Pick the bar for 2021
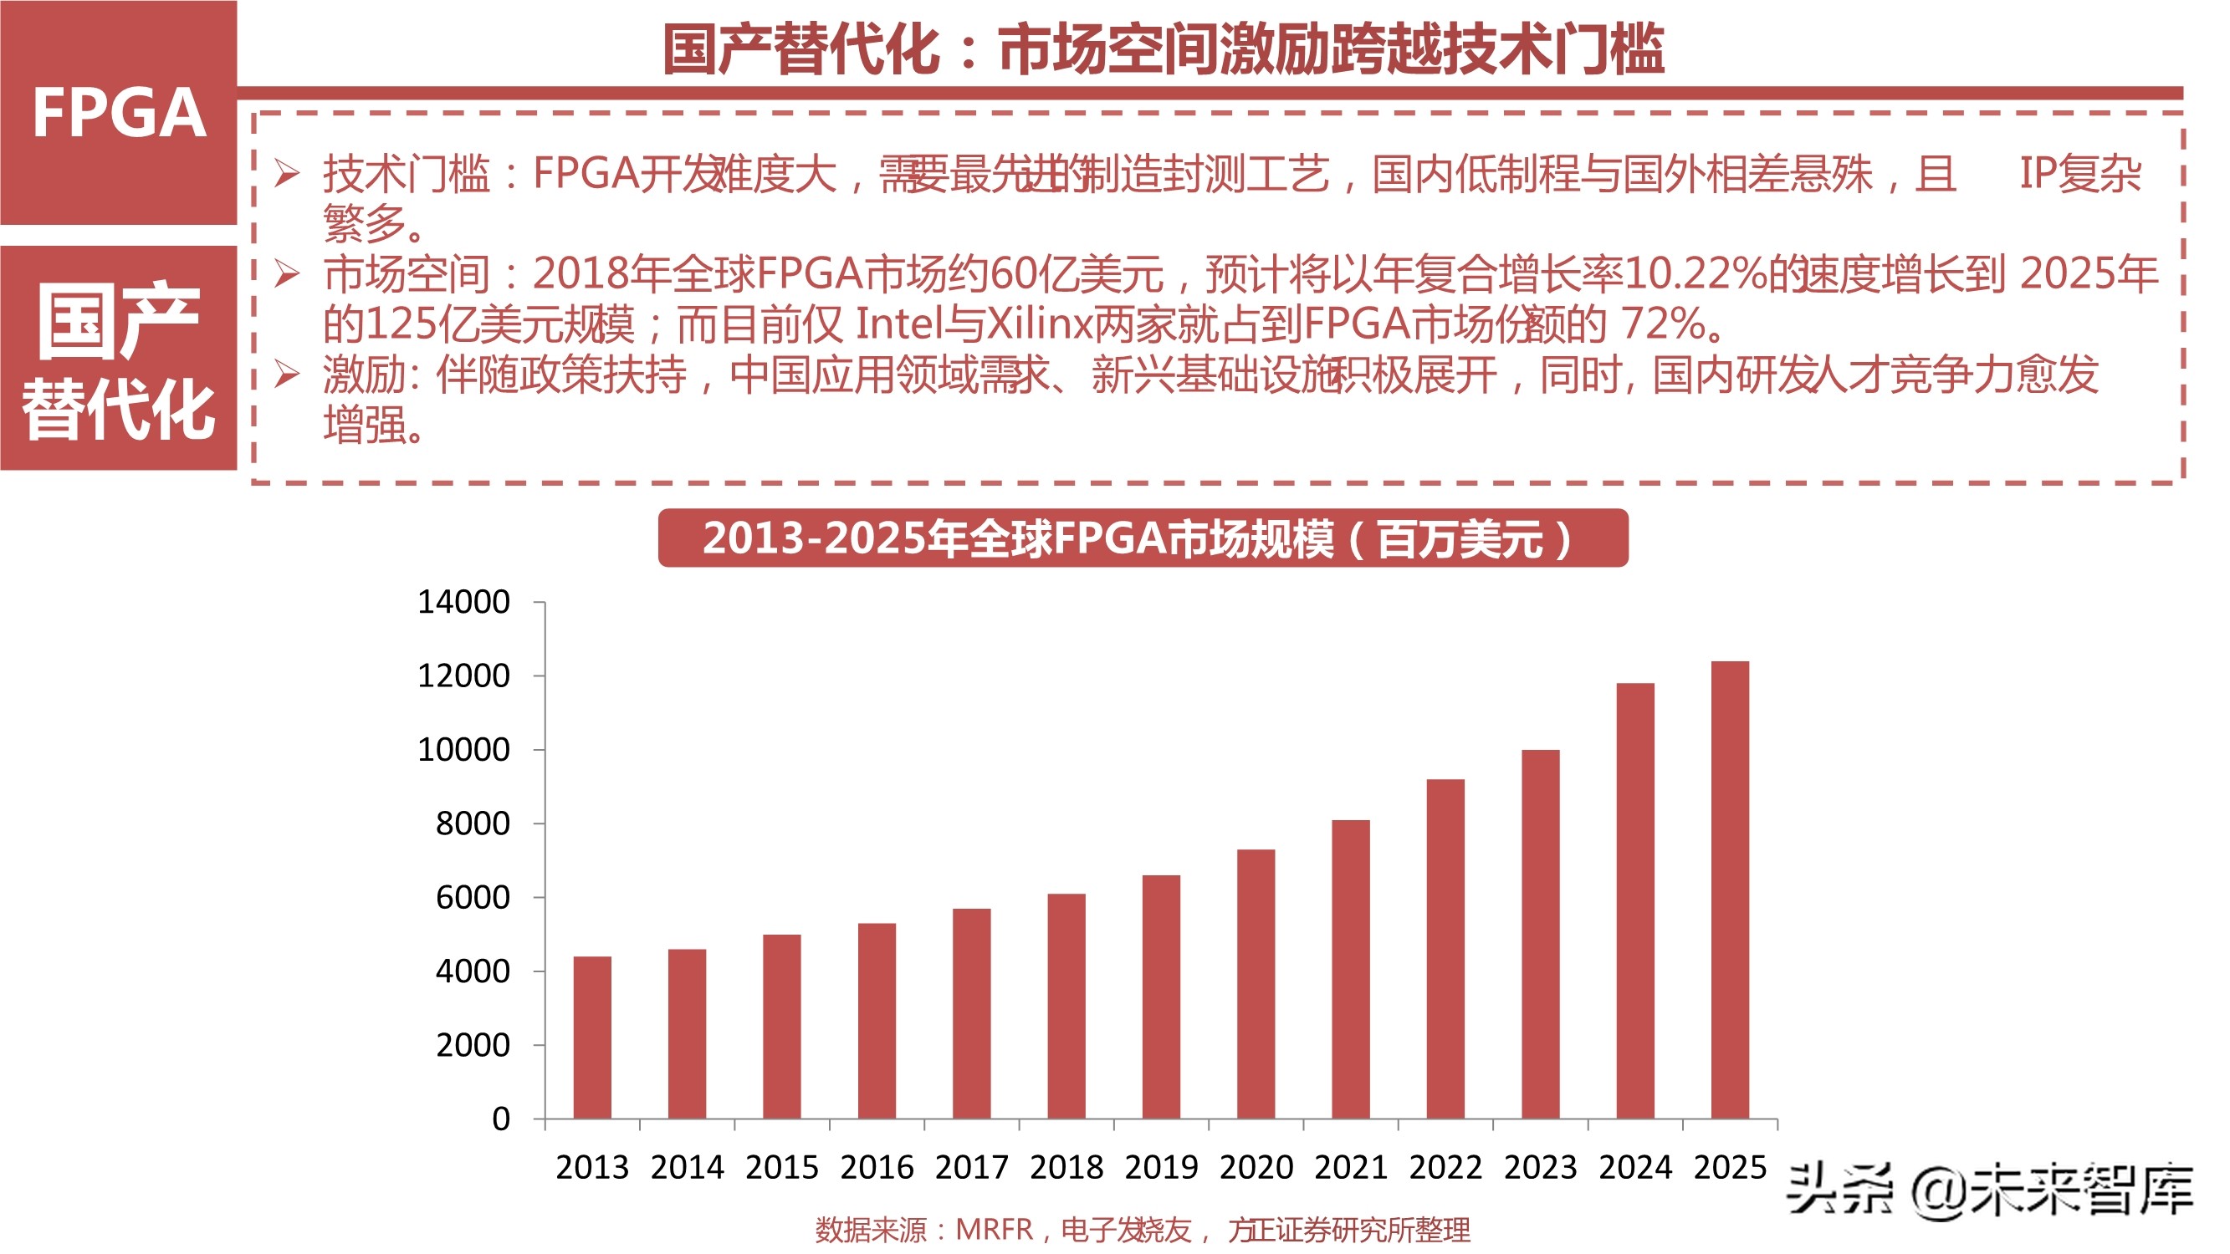click(x=1351, y=968)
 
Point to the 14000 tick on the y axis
click(x=464, y=601)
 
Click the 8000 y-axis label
click(x=473, y=823)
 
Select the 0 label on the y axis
click(x=500, y=1119)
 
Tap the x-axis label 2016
click(x=876, y=1167)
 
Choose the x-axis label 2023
click(x=1540, y=1167)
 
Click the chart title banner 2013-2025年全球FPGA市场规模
click(x=1142, y=538)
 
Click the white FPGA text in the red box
click(x=119, y=114)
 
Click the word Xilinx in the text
click(x=1039, y=324)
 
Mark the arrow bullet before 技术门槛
click(x=287, y=174)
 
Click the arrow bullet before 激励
click(x=287, y=375)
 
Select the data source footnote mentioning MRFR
click(x=1142, y=1230)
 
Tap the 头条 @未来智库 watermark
click(x=1990, y=1191)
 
